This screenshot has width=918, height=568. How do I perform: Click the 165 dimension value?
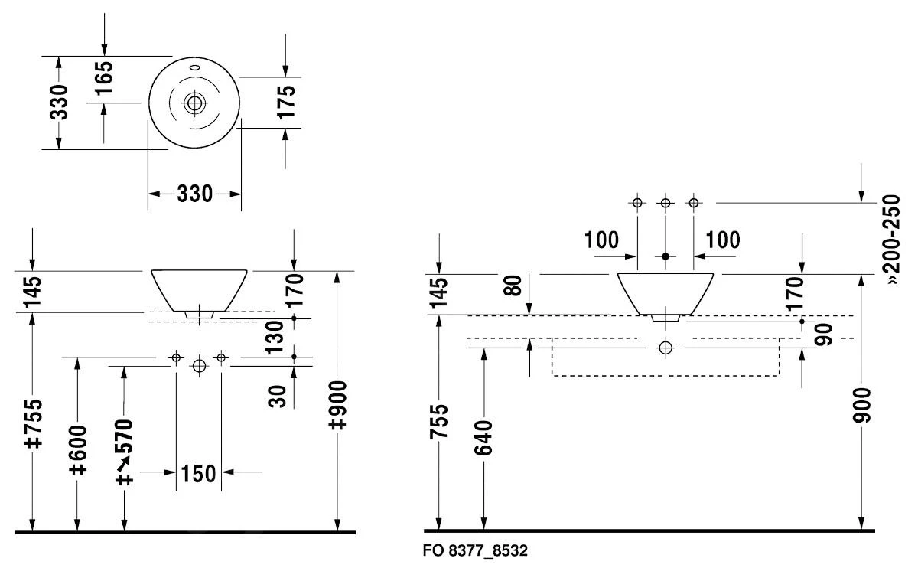(x=105, y=77)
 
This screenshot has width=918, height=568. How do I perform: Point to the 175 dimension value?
(x=285, y=102)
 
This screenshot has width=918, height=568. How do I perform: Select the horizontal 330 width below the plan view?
(x=194, y=194)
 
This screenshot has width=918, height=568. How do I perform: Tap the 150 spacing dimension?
(x=198, y=474)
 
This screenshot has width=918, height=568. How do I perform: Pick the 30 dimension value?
(x=278, y=395)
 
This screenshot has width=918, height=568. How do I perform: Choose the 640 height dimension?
(x=484, y=438)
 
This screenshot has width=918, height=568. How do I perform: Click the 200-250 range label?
(x=893, y=238)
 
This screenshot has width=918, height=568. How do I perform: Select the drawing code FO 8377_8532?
(x=475, y=551)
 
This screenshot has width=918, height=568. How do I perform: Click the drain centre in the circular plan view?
(x=195, y=102)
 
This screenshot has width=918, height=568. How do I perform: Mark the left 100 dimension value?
(x=602, y=240)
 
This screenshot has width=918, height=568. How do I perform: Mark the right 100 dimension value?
(x=723, y=240)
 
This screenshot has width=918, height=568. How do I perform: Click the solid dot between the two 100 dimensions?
(x=666, y=256)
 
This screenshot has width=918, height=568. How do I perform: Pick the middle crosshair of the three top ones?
(x=666, y=203)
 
